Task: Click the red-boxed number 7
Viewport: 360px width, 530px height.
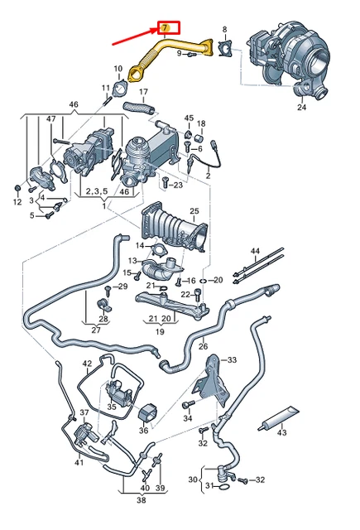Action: tap(165, 28)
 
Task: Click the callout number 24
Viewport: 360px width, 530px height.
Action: tap(301, 107)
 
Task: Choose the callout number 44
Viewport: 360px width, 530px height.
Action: tap(255, 250)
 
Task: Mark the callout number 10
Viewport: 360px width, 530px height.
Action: tap(118, 69)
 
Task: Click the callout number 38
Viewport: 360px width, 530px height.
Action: tap(141, 500)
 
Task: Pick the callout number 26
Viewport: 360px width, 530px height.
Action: tap(203, 346)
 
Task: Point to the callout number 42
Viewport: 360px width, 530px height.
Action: tap(88, 364)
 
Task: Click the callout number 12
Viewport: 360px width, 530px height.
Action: tap(17, 202)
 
